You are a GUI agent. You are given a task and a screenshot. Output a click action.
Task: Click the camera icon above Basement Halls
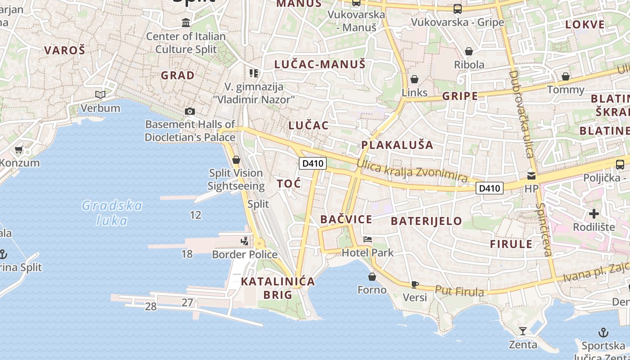pos(190,111)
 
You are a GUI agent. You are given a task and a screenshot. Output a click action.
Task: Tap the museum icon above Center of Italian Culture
pos(186,22)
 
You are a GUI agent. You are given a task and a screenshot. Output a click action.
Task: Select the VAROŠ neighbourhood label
pos(64,50)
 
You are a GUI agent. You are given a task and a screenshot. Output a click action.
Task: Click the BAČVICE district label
pos(346,220)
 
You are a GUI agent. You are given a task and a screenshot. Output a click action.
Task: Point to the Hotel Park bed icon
pos(368,239)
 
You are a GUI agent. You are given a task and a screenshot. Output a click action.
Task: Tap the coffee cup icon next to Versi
pos(414,284)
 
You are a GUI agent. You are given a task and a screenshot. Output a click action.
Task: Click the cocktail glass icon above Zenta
pos(522,331)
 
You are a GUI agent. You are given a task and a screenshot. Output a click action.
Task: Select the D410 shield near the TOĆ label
pos(313,163)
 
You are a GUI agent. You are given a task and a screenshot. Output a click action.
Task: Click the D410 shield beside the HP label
pos(490,188)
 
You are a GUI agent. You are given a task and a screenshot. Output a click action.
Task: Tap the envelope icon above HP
pos(531,175)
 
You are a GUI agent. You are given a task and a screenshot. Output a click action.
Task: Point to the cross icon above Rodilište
pos(594,214)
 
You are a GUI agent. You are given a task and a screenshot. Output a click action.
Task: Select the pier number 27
pos(187,302)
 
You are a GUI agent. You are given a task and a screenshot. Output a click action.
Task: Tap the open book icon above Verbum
pos(100,94)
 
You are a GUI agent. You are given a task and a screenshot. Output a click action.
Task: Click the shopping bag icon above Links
pos(414,79)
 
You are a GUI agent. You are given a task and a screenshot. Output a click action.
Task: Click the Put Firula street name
pos(459,291)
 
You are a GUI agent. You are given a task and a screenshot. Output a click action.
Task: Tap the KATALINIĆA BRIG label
pos(278,288)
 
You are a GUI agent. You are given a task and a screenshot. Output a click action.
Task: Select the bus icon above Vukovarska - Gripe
pos(457,9)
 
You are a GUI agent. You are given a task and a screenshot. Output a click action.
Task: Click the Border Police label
pos(245,255)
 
